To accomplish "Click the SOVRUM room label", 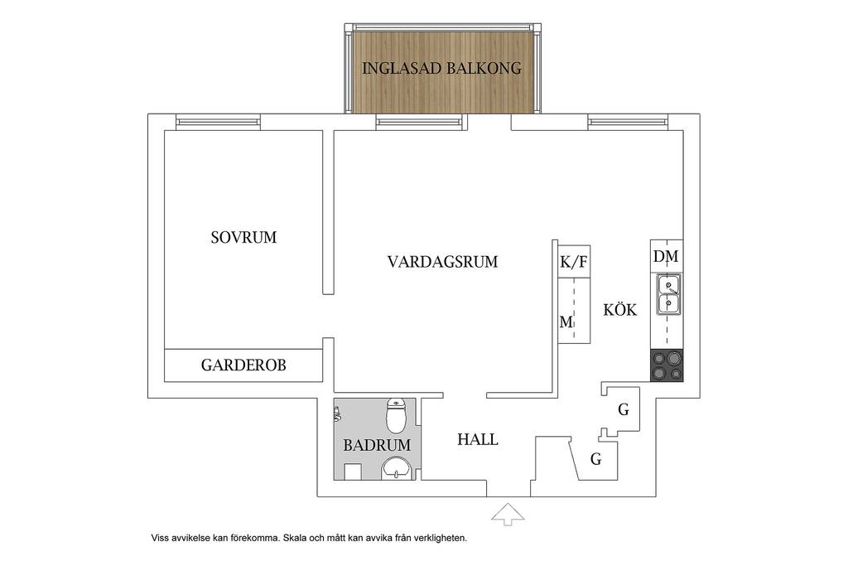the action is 243,238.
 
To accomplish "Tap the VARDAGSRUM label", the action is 442,262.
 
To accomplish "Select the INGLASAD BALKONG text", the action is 441,69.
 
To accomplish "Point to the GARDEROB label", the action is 243,365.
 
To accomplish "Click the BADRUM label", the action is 377,445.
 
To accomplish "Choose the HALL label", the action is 478,439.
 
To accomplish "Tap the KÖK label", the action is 620,309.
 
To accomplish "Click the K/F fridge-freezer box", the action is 573,259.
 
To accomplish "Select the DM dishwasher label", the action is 666,256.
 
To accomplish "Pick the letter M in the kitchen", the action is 566,322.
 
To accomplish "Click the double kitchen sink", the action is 668,295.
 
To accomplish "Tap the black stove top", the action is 667,365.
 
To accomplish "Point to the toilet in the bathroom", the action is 397,415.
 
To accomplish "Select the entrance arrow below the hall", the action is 508,514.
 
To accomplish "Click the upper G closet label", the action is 624,409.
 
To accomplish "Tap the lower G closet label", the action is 596,459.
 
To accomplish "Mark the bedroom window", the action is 219,123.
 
